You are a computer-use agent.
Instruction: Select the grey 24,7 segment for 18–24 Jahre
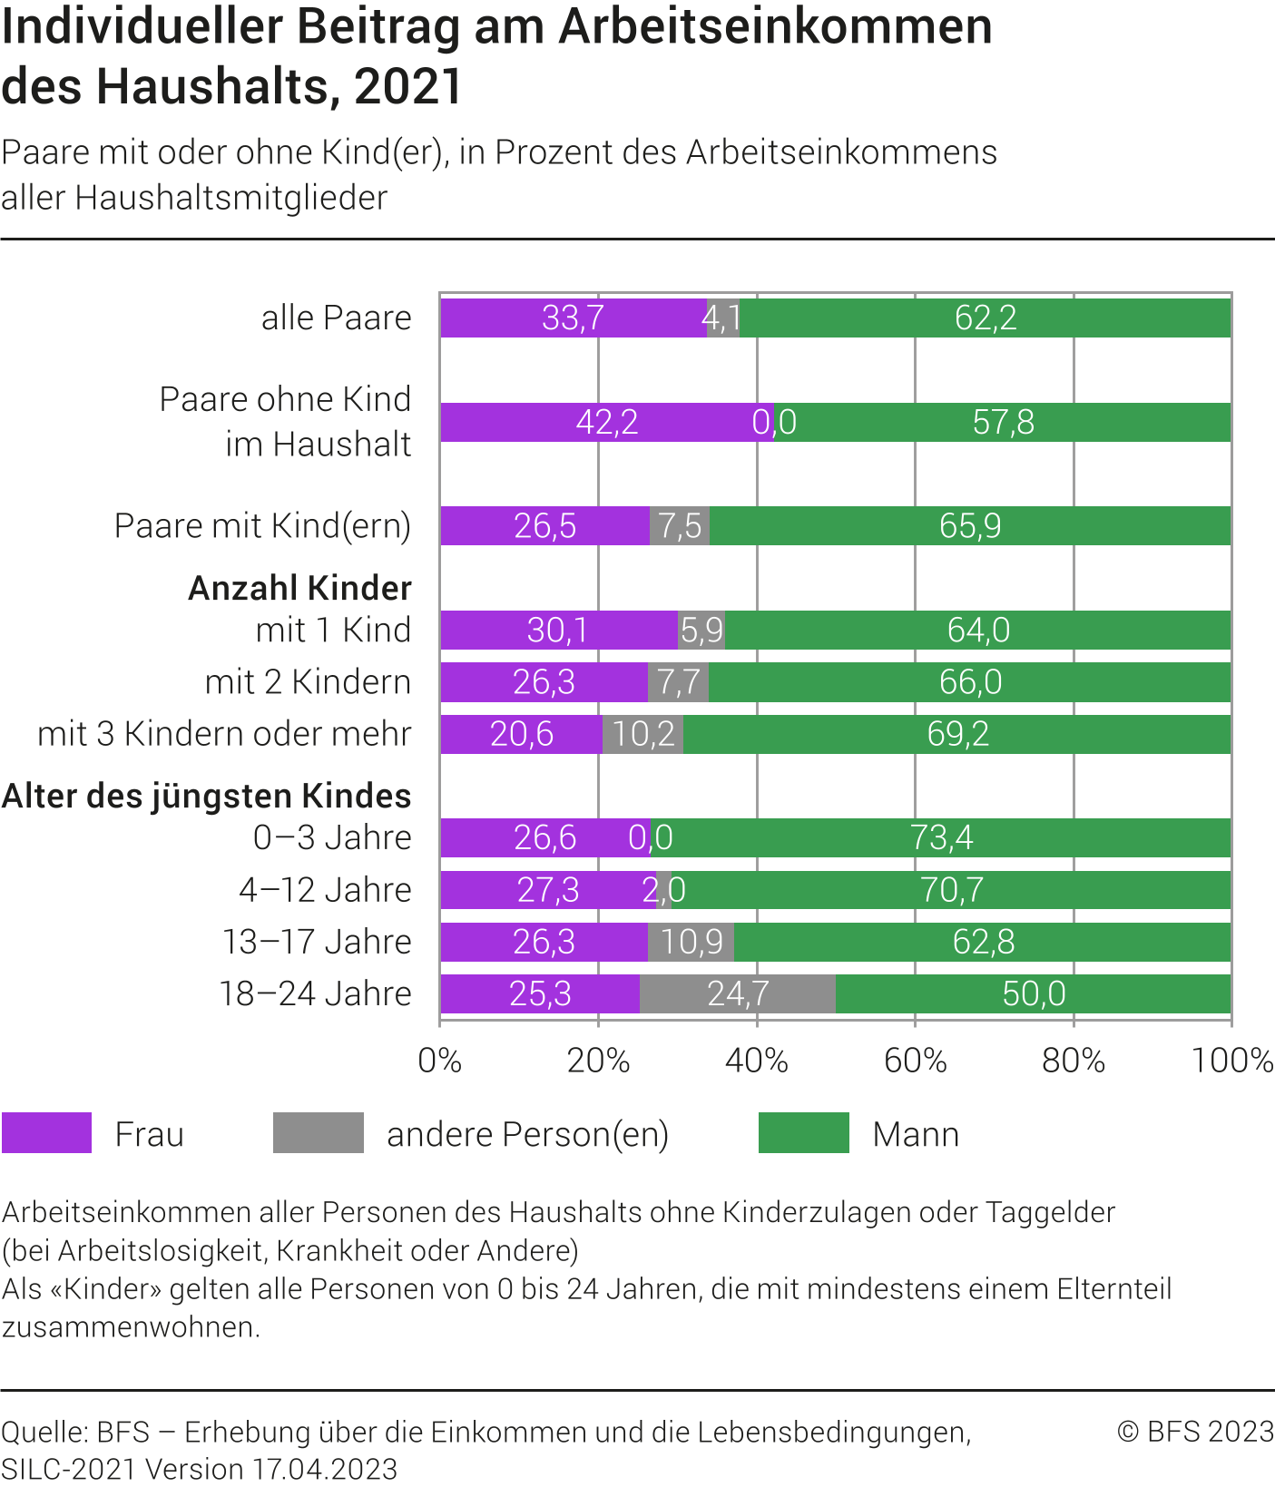tap(738, 994)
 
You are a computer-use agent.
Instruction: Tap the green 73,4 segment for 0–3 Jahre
tap(941, 837)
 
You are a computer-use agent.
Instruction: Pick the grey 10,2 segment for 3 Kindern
tap(642, 734)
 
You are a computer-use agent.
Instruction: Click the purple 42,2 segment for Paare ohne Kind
tap(606, 423)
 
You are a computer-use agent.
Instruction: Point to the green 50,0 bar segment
tap(1033, 994)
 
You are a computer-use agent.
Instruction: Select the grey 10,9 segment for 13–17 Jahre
tap(691, 942)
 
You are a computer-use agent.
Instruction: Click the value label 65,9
tap(970, 526)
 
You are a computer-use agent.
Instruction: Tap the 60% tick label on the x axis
tap(915, 1061)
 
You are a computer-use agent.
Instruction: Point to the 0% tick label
tap(440, 1061)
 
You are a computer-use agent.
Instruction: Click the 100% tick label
tap(1231, 1061)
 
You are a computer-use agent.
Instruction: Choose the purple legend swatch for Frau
tap(47, 1133)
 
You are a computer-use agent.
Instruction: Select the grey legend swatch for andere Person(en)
tap(319, 1133)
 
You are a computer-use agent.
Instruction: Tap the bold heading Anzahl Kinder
tap(300, 589)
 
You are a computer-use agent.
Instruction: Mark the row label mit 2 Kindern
tap(308, 682)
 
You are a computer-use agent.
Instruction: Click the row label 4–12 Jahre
tap(325, 890)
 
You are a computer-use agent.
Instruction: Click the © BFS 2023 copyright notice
tap(1195, 1432)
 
